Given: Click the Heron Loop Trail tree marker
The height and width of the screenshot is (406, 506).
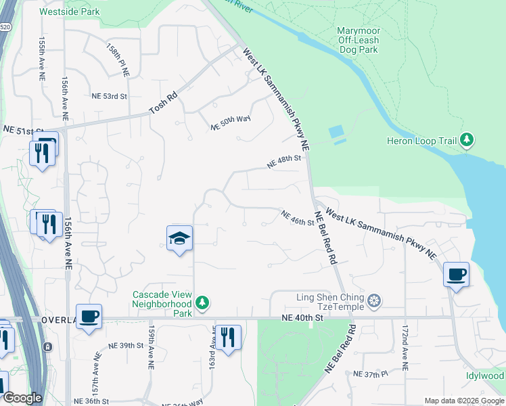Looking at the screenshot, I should (466, 141).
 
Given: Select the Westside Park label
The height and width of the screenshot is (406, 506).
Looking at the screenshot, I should (70, 12).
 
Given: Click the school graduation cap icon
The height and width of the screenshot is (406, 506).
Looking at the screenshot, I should (180, 238).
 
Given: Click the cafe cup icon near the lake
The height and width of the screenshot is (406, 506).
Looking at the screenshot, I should (456, 274).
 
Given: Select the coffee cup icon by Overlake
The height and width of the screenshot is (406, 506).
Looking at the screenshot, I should (89, 316).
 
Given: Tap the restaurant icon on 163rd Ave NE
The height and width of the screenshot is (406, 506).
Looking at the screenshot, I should (228, 336).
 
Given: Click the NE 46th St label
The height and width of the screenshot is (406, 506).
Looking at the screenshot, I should (298, 218).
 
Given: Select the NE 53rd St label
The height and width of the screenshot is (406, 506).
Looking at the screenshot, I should (110, 96).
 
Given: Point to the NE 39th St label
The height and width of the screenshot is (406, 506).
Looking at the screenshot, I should (127, 345).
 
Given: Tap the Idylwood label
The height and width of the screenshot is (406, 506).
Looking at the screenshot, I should (485, 376).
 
